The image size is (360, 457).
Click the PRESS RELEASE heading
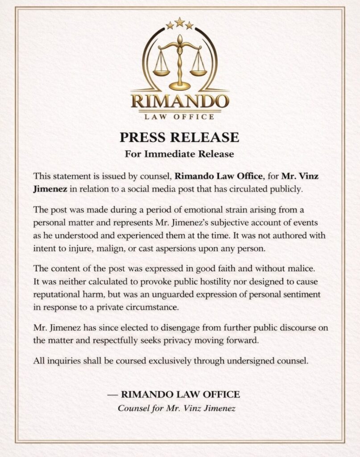point(180,136)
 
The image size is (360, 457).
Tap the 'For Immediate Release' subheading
point(180,154)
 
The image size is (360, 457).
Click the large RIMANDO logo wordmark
point(180,100)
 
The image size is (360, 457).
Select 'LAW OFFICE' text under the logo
point(180,117)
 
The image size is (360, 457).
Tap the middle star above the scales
point(180,22)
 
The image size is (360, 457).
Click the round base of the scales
point(180,86)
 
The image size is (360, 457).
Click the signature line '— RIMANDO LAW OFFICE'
point(174,395)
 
